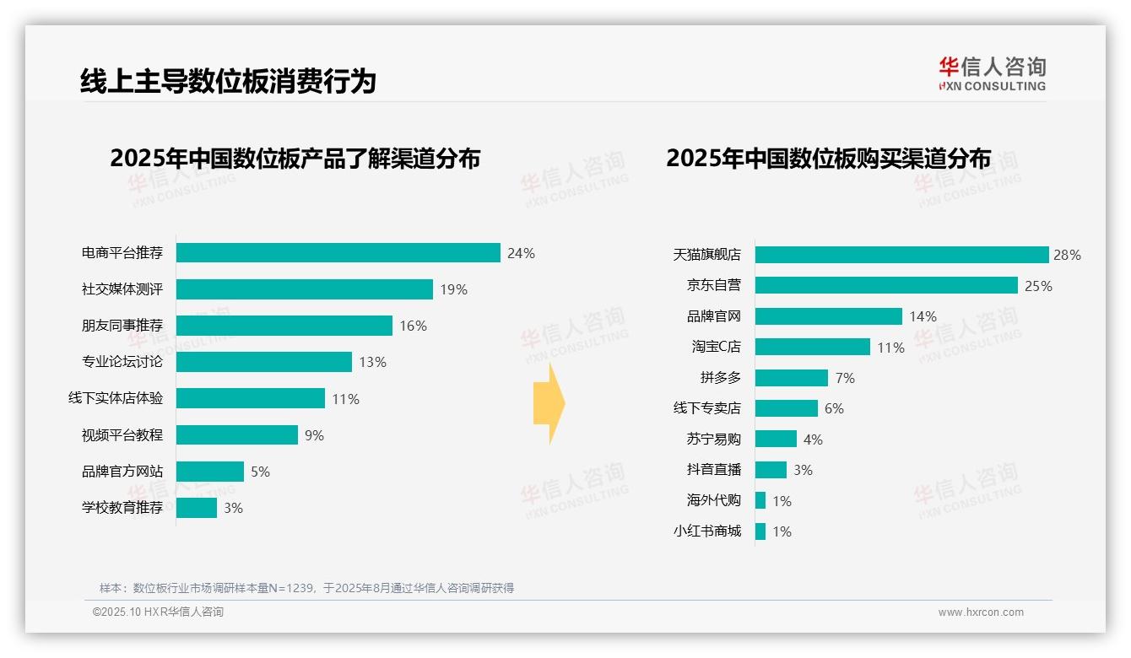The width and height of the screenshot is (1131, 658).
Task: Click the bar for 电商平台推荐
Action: [338, 253]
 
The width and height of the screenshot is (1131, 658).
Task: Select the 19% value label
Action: [453, 289]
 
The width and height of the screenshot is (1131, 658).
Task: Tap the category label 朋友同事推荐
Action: [122, 326]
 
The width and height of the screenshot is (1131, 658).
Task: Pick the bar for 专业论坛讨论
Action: [263, 362]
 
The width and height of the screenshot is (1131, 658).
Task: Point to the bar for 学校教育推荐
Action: [197, 508]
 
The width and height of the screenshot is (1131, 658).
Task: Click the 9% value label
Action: [314, 435]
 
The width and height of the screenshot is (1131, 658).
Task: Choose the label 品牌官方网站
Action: [122, 472]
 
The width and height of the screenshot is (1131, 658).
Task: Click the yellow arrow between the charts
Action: [549, 404]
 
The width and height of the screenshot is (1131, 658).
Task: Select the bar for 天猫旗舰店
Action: [901, 255]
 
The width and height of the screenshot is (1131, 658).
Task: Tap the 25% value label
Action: [1038, 286]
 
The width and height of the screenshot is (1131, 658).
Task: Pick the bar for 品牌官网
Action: [828, 316]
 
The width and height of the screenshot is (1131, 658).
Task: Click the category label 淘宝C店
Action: [716, 347]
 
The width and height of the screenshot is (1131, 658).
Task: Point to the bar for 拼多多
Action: [791, 378]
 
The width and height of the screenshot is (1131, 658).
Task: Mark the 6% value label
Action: [834, 408]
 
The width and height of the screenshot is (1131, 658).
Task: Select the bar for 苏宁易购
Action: [776, 439]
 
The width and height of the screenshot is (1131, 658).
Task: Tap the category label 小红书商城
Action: [707, 531]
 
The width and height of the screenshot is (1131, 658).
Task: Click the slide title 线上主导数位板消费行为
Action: [228, 81]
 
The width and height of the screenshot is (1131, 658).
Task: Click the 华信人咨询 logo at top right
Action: [992, 74]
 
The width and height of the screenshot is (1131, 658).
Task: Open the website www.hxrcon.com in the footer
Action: [981, 612]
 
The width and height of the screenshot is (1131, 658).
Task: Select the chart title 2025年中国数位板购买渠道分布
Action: [828, 159]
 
